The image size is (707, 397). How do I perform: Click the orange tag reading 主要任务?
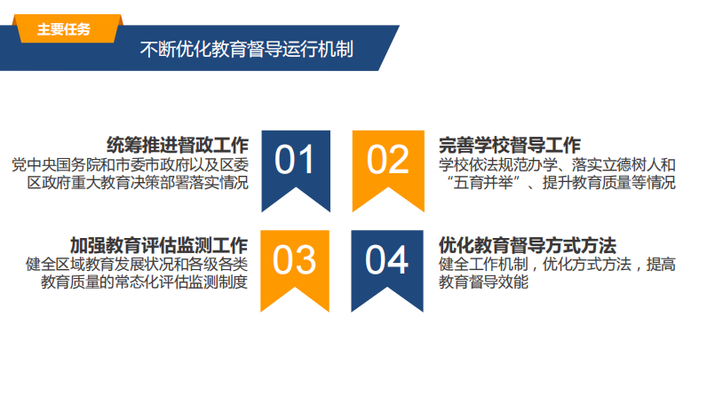pyautogui.click(x=68, y=28)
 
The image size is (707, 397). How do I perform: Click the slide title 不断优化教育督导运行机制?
pyautogui.click(x=246, y=49)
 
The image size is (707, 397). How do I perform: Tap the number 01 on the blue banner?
pyautogui.click(x=295, y=160)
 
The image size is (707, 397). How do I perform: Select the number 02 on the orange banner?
pyautogui.click(x=387, y=160)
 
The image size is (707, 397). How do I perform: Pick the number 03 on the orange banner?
pyautogui.click(x=294, y=259)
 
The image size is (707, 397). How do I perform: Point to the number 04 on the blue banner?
pyautogui.click(x=386, y=259)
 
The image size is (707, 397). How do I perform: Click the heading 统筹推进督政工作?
pyautogui.click(x=178, y=145)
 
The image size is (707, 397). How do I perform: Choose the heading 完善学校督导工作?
pyautogui.click(x=510, y=145)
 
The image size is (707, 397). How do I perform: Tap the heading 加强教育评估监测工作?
pyautogui.click(x=159, y=246)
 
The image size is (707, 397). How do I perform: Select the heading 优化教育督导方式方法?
pyautogui.click(x=527, y=246)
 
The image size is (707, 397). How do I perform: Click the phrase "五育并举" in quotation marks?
pyautogui.click(x=483, y=182)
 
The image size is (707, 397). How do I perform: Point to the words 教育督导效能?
pyautogui.click(x=483, y=282)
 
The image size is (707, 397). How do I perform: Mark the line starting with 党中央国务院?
pyautogui.click(x=130, y=164)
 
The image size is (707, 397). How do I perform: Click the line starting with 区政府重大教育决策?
pyautogui.click(x=138, y=182)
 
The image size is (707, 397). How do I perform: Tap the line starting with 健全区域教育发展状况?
pyautogui.click(x=137, y=264)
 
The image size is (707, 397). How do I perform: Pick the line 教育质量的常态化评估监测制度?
pyautogui.click(x=144, y=282)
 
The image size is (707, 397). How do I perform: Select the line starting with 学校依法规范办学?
pyautogui.click(x=557, y=164)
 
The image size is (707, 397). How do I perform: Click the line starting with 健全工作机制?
pyautogui.click(x=557, y=264)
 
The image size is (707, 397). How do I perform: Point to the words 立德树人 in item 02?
pyautogui.click(x=632, y=164)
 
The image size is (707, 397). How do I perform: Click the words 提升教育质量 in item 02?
pyautogui.click(x=587, y=182)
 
